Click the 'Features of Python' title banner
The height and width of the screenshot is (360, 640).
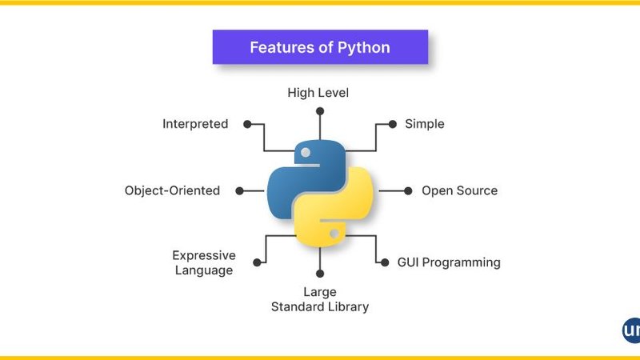(320, 47)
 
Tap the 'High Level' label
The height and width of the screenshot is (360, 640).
(318, 93)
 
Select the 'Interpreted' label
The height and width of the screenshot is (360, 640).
(195, 124)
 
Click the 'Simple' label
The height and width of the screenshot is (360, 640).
(424, 124)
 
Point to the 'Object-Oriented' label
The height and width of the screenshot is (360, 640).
(172, 190)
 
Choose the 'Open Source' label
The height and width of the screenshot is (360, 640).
(459, 190)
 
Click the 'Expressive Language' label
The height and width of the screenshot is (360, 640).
(204, 262)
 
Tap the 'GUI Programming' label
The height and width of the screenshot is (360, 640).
(449, 262)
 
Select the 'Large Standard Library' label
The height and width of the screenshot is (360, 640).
(319, 299)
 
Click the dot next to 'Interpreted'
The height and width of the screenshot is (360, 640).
(248, 124)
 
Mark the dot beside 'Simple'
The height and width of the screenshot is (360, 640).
(392, 124)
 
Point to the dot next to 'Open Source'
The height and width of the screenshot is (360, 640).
(408, 190)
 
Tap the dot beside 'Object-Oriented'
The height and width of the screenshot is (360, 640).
(238, 190)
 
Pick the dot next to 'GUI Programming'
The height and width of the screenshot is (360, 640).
(382, 261)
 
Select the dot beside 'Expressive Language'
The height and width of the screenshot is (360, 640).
(257, 262)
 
